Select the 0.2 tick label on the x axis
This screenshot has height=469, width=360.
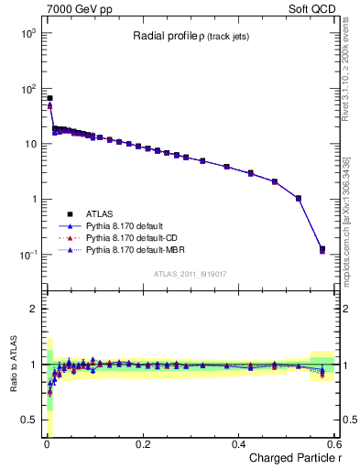tap(142, 443)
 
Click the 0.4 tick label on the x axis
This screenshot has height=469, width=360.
tap(238, 443)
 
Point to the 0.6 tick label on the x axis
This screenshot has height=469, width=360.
tap(333, 443)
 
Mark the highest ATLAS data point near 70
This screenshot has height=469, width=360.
tap(49, 98)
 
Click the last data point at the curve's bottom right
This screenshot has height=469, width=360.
tap(322, 249)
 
